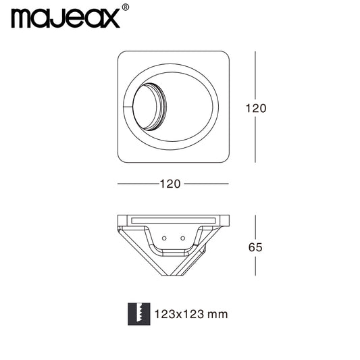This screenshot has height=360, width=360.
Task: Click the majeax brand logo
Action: [66, 18]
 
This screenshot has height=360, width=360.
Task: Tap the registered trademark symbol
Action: [126, 7]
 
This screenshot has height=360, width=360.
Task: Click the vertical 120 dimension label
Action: [256, 108]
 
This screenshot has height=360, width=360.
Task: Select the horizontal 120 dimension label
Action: [170, 184]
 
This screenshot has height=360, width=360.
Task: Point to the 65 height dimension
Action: [255, 247]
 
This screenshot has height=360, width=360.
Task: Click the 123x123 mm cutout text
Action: [191, 314]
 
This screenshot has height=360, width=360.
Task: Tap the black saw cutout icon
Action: [139, 314]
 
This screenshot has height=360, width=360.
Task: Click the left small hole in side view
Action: [164, 238]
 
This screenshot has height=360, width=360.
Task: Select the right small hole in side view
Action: [183, 238]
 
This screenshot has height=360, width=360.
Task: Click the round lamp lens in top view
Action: [146, 107]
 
